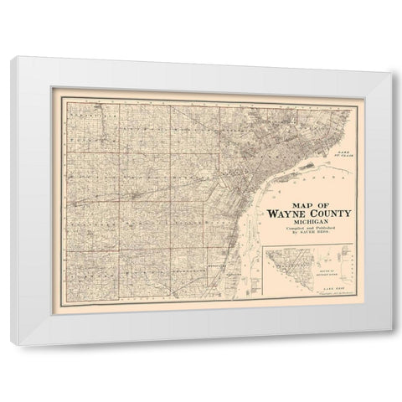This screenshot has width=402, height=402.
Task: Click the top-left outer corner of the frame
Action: tap(17, 56)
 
